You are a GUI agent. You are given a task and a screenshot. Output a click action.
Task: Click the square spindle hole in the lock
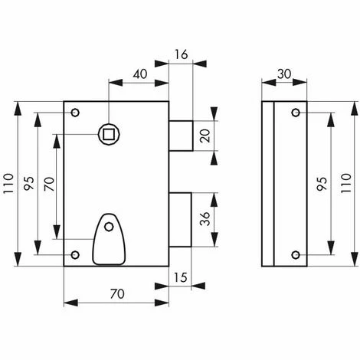(109, 134)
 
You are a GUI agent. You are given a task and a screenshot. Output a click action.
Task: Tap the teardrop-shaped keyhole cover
(109, 239)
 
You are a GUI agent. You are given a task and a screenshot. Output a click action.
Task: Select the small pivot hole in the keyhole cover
(109, 227)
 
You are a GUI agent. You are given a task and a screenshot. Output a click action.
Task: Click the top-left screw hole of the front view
(75, 113)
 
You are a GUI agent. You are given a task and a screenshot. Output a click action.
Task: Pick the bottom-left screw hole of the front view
(75, 254)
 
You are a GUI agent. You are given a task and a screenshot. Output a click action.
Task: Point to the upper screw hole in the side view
(296, 113)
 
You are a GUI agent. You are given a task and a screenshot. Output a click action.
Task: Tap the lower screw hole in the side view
(296, 254)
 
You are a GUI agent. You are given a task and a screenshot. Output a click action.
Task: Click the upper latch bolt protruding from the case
(181, 136)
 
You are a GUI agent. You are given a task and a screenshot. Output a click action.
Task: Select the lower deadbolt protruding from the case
(180, 220)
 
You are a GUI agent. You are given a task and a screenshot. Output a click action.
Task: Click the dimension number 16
(182, 54)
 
